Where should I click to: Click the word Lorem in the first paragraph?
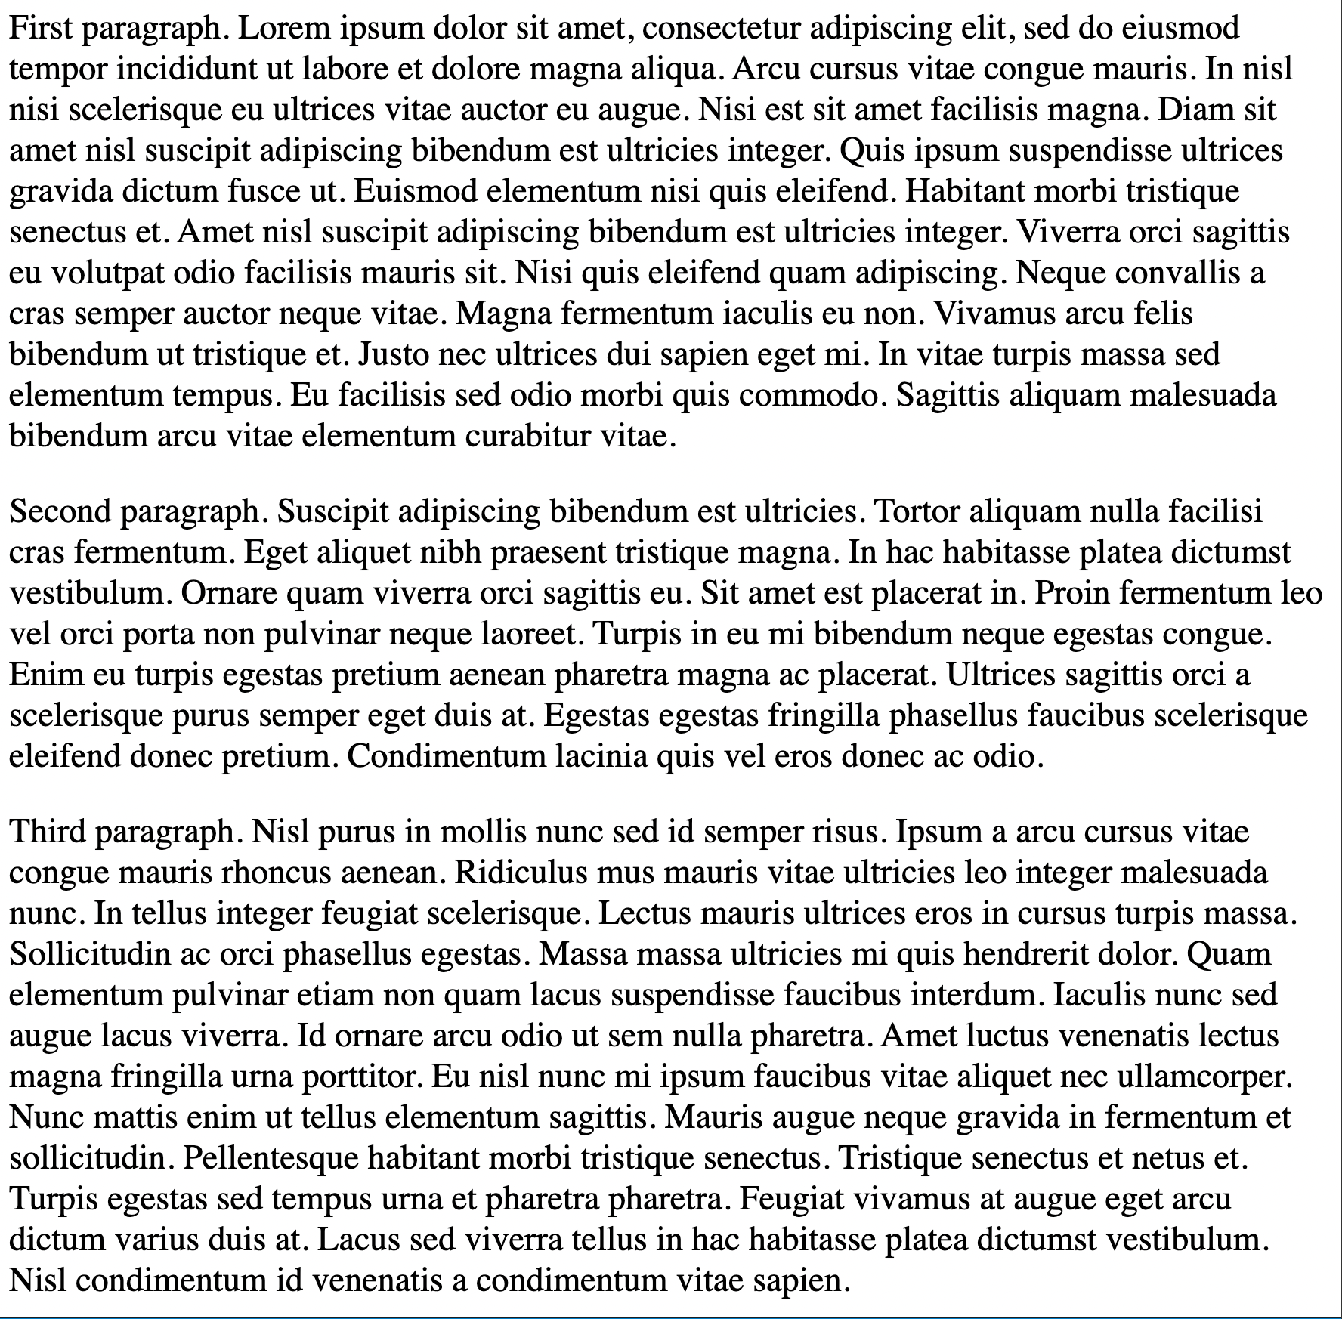pos(283,29)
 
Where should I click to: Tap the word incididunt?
pos(184,70)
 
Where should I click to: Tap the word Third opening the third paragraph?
pos(48,832)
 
